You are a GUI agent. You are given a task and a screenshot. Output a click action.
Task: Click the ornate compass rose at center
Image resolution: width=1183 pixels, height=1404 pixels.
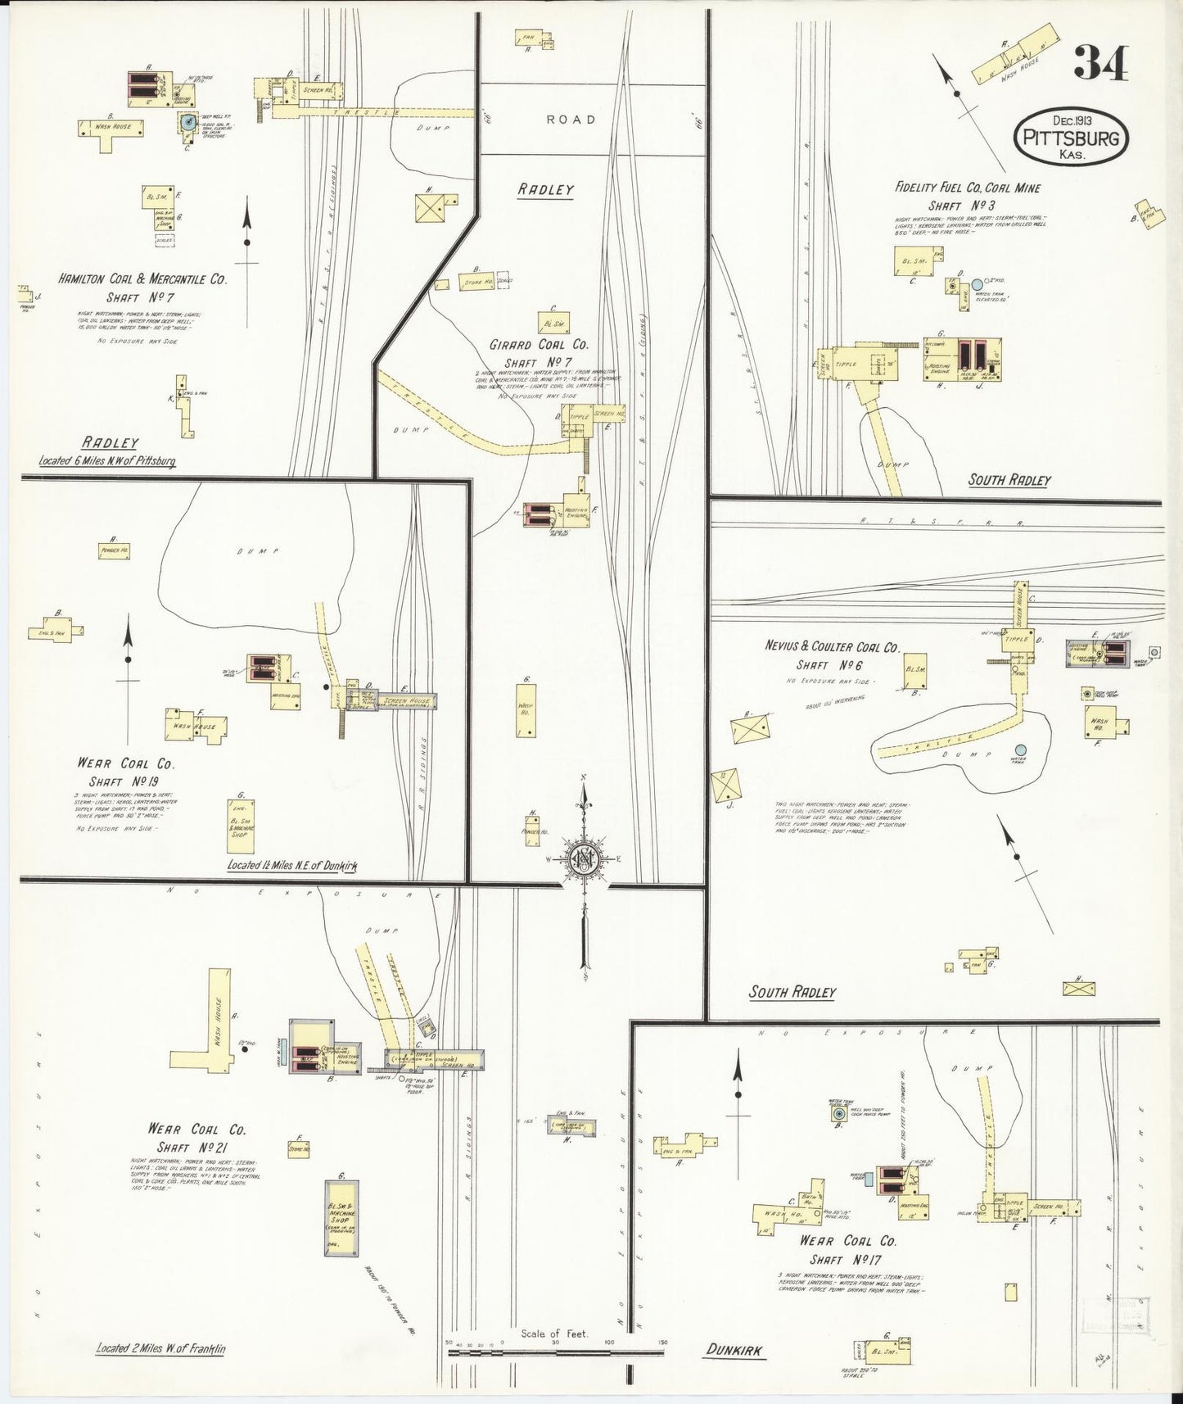click(585, 859)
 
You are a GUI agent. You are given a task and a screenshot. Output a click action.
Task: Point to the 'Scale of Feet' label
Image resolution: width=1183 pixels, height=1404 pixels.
click(555, 1334)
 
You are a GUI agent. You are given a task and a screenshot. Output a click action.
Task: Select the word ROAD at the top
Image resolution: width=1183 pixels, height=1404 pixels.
click(571, 120)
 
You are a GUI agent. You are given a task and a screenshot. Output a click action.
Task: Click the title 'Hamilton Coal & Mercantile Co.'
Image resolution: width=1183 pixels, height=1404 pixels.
click(142, 279)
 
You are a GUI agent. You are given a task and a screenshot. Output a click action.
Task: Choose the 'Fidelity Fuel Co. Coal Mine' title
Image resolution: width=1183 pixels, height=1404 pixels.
click(967, 188)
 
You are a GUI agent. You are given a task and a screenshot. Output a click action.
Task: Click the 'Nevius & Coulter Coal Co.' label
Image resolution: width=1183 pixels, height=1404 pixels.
click(832, 647)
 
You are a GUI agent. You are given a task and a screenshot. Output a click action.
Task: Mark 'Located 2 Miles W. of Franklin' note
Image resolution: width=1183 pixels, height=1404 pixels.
click(160, 1347)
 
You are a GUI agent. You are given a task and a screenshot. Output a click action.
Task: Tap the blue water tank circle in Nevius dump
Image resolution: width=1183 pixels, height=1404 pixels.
click(1020, 750)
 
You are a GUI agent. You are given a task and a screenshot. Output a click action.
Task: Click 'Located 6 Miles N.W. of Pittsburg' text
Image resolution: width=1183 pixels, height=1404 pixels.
click(107, 461)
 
